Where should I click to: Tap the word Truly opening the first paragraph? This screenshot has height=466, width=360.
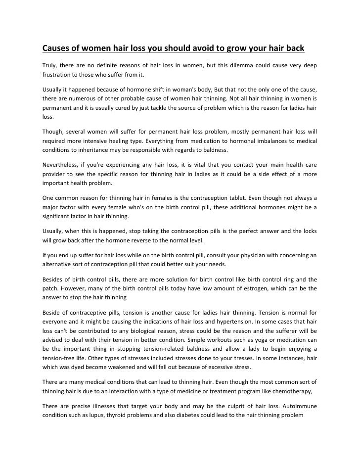point(47,66)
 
